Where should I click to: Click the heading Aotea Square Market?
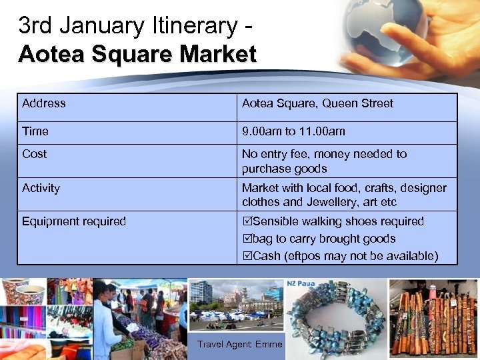[137, 53]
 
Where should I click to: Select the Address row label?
[44, 103]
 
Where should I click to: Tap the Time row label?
[35, 131]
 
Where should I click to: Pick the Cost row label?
[35, 154]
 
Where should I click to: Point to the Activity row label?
[41, 188]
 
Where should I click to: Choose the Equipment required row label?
[74, 221]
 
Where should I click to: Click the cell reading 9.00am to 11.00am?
[293, 131]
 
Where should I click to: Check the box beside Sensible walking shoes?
[247, 221]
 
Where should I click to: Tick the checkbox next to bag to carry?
[247, 239]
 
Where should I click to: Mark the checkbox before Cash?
[247, 256]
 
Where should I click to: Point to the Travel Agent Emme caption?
[240, 344]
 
